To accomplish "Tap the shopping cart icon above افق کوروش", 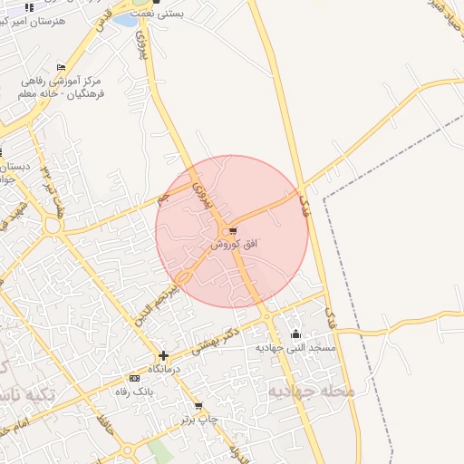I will point(234,230).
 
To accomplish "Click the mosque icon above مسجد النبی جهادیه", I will point(295,333).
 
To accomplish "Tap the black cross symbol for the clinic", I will point(163,356).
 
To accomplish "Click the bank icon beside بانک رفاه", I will point(134,378).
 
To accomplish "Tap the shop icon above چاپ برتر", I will point(198,405).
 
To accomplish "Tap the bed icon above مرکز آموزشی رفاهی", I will point(61,68).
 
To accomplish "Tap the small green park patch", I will point(159,450).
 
